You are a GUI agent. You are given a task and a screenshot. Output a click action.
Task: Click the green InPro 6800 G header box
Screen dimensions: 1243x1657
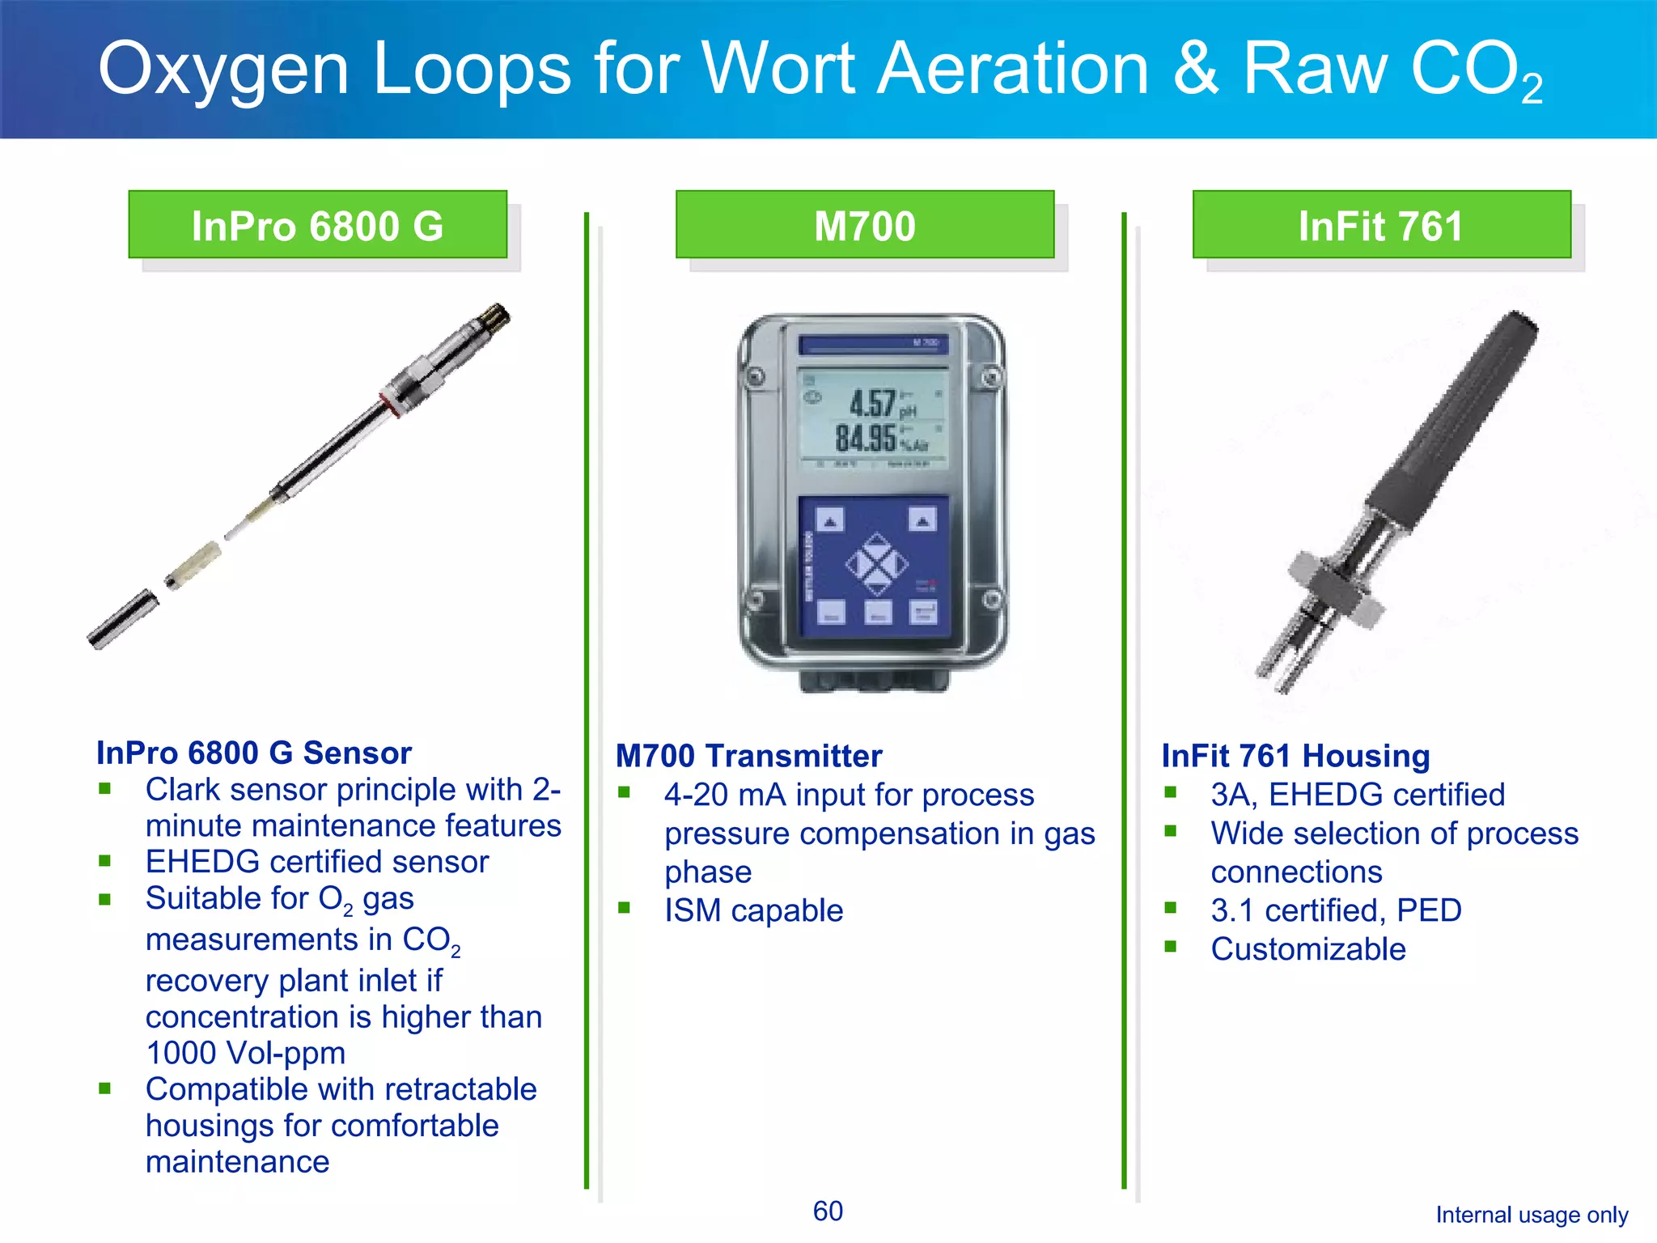tap(317, 225)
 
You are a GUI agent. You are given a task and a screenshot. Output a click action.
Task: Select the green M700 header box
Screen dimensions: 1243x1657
tap(864, 225)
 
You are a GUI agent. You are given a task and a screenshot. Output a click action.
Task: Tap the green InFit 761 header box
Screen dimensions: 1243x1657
tap(1381, 225)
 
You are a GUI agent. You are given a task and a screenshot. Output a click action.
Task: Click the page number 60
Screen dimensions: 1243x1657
tap(828, 1211)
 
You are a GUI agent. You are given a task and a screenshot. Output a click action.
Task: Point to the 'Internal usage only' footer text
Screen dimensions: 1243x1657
tap(1532, 1215)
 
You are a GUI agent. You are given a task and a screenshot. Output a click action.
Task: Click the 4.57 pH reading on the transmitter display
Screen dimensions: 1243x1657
tap(872, 403)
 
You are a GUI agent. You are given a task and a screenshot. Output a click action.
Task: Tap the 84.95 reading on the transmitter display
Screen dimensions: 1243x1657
tap(866, 439)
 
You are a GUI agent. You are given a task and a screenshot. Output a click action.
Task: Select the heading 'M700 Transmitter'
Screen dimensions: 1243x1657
tap(748, 756)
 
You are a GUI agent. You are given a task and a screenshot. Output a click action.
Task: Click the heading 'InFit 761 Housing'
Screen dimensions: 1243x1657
tap(1295, 756)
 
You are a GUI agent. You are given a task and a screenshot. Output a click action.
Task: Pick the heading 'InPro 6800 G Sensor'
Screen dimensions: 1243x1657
tap(254, 753)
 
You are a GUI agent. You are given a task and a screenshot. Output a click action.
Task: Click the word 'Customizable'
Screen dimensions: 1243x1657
tap(1308, 949)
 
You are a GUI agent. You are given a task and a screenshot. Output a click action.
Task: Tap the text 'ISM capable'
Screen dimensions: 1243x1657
tap(753, 910)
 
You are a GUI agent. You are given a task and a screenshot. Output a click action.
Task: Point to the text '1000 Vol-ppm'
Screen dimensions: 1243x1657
tap(245, 1053)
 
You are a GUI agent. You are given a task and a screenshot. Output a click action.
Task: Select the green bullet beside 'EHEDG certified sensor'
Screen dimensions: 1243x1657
tap(104, 861)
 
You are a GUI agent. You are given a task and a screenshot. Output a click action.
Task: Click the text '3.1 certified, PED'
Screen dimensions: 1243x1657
tap(1336, 910)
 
